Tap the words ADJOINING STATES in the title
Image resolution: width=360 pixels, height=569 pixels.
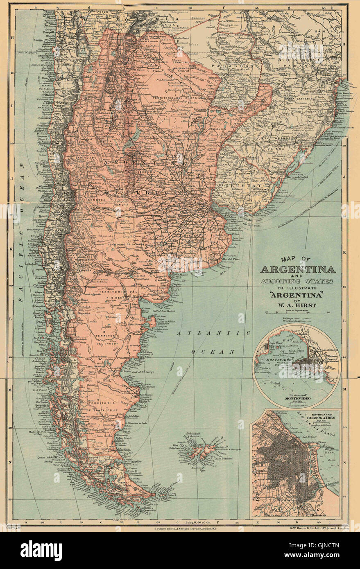point(297,281)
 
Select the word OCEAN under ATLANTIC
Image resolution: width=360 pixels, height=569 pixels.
point(213,351)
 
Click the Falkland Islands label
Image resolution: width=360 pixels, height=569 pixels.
point(195,435)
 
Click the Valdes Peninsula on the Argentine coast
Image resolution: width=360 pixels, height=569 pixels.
point(152,322)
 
